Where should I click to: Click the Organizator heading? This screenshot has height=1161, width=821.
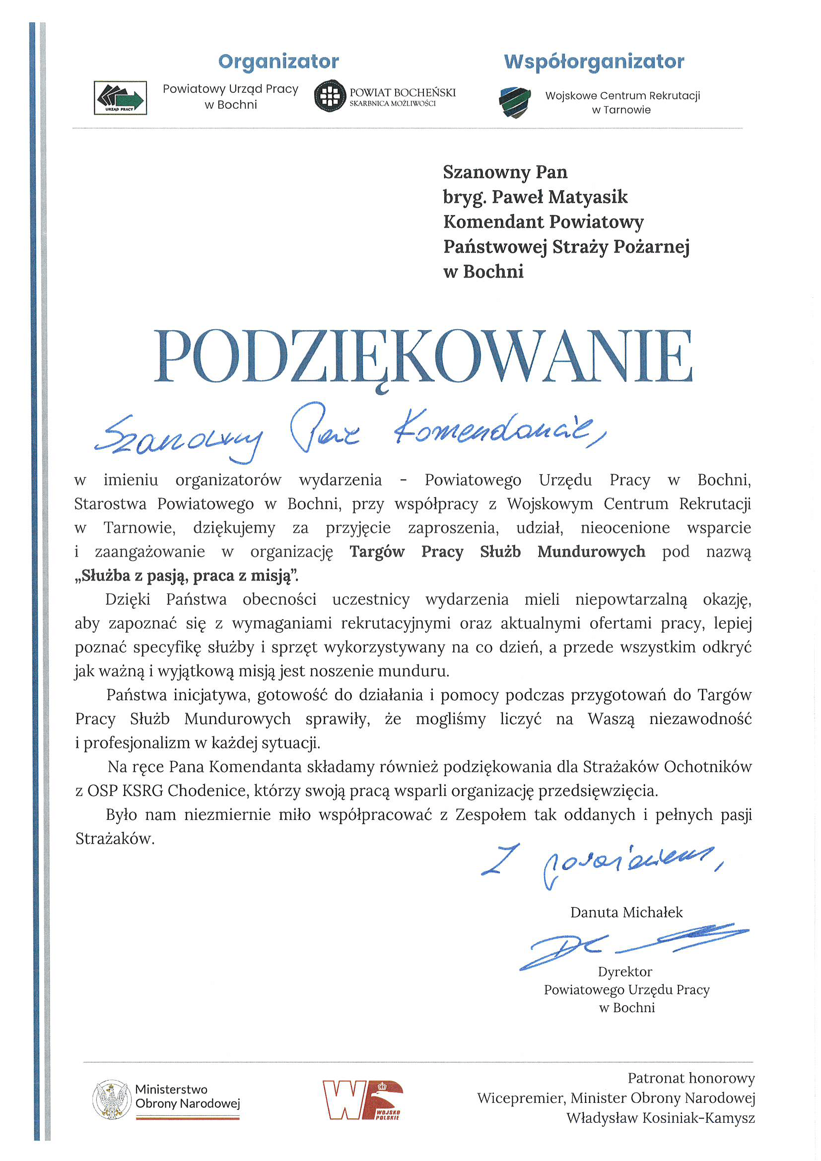[x=278, y=62]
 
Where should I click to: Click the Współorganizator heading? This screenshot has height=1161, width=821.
[x=594, y=62]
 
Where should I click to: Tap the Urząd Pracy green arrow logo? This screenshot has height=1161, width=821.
[x=120, y=98]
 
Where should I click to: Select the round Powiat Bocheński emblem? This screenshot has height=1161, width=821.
[x=330, y=95]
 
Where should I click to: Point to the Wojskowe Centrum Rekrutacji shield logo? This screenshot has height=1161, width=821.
[x=515, y=102]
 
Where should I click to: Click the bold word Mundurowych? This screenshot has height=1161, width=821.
[x=591, y=552]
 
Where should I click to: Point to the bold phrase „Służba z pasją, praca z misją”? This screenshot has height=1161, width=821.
[x=187, y=576]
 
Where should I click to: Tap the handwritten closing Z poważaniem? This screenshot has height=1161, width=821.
[x=602, y=865]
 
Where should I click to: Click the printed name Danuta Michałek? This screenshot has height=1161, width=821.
[x=626, y=912]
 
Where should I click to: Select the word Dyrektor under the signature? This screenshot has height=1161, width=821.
[x=625, y=972]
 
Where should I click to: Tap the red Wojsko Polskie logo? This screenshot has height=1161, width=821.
[x=362, y=1100]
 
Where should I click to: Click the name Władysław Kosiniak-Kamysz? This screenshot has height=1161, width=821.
[x=660, y=1117]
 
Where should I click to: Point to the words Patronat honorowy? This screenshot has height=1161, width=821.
[x=690, y=1078]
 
